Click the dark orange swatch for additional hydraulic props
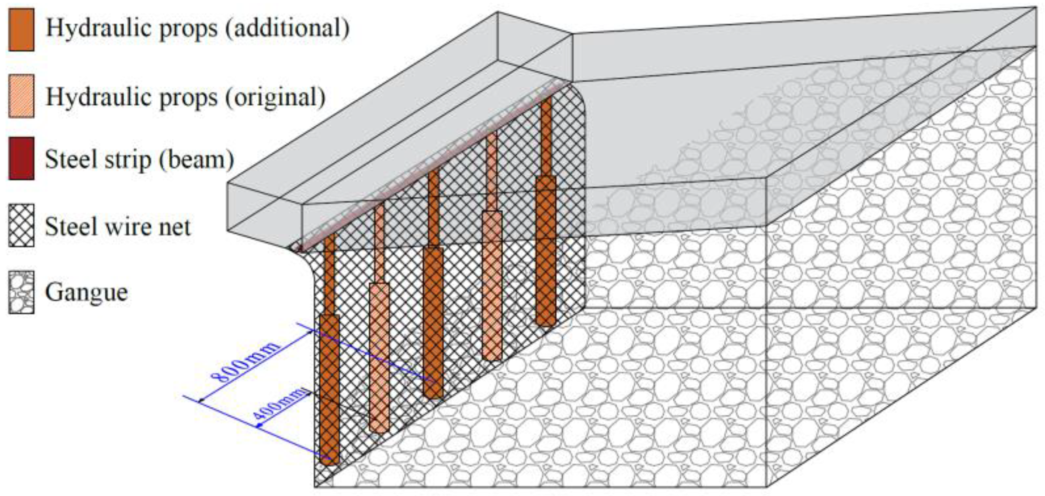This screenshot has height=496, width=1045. tap(21, 30)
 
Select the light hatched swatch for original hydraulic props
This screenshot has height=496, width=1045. tap(21, 96)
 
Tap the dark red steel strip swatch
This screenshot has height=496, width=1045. tap(21, 158)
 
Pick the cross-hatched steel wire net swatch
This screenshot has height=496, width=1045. tap(21, 225)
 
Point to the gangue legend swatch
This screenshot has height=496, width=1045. tap(21, 292)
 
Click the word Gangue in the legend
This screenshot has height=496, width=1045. tap(86, 292)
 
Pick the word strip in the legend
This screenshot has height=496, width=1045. tap(129, 160)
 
